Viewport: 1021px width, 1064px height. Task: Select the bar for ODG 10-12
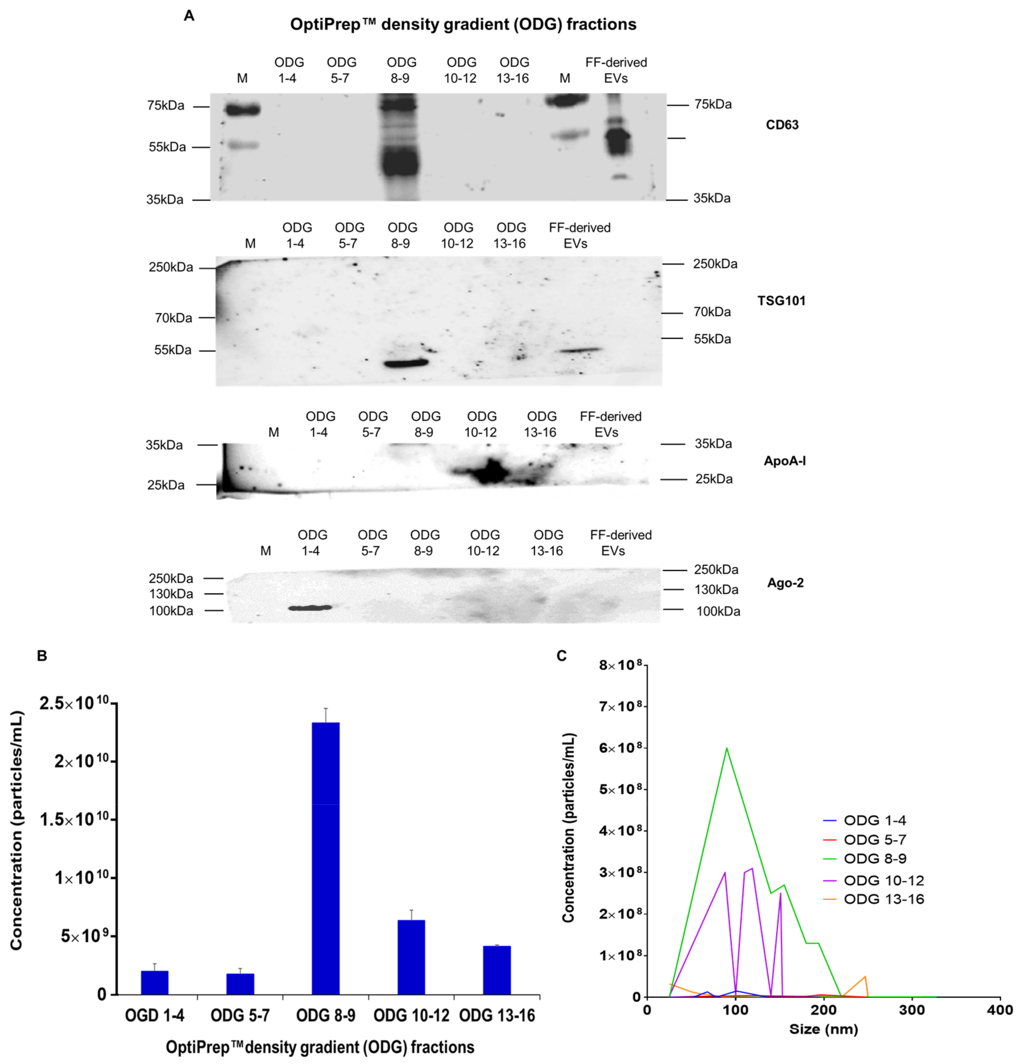click(411, 957)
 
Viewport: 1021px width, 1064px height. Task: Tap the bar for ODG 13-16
click(497, 969)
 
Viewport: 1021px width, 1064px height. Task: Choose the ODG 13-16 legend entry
click(883, 899)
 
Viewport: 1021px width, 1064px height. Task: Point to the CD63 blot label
click(781, 125)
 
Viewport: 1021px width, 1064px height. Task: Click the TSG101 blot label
click(781, 301)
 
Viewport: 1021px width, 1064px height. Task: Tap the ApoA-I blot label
click(784, 461)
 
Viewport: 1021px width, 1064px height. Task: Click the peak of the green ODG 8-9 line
click(726, 748)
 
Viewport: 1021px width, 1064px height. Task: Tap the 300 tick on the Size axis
click(912, 1010)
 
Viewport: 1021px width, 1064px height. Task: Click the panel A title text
click(463, 24)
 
